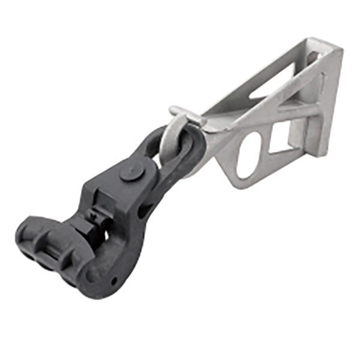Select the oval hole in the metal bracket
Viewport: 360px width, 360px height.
[x=249, y=155]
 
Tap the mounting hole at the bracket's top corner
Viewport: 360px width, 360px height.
[x=313, y=57]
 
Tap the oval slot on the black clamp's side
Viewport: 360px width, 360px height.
[x=146, y=210]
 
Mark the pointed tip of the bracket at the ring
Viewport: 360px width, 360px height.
[x=207, y=129]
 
